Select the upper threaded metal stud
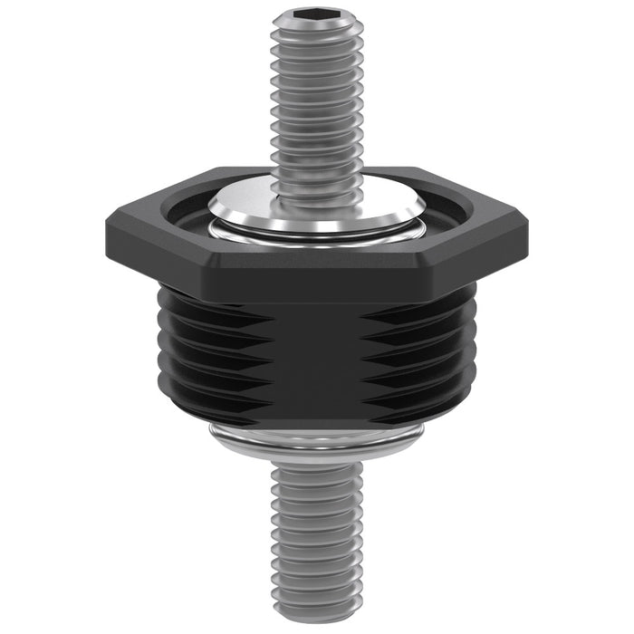pyautogui.click(x=315, y=100)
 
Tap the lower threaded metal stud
pyautogui.click(x=316, y=534)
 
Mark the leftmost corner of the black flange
pyautogui.click(x=105, y=217)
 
